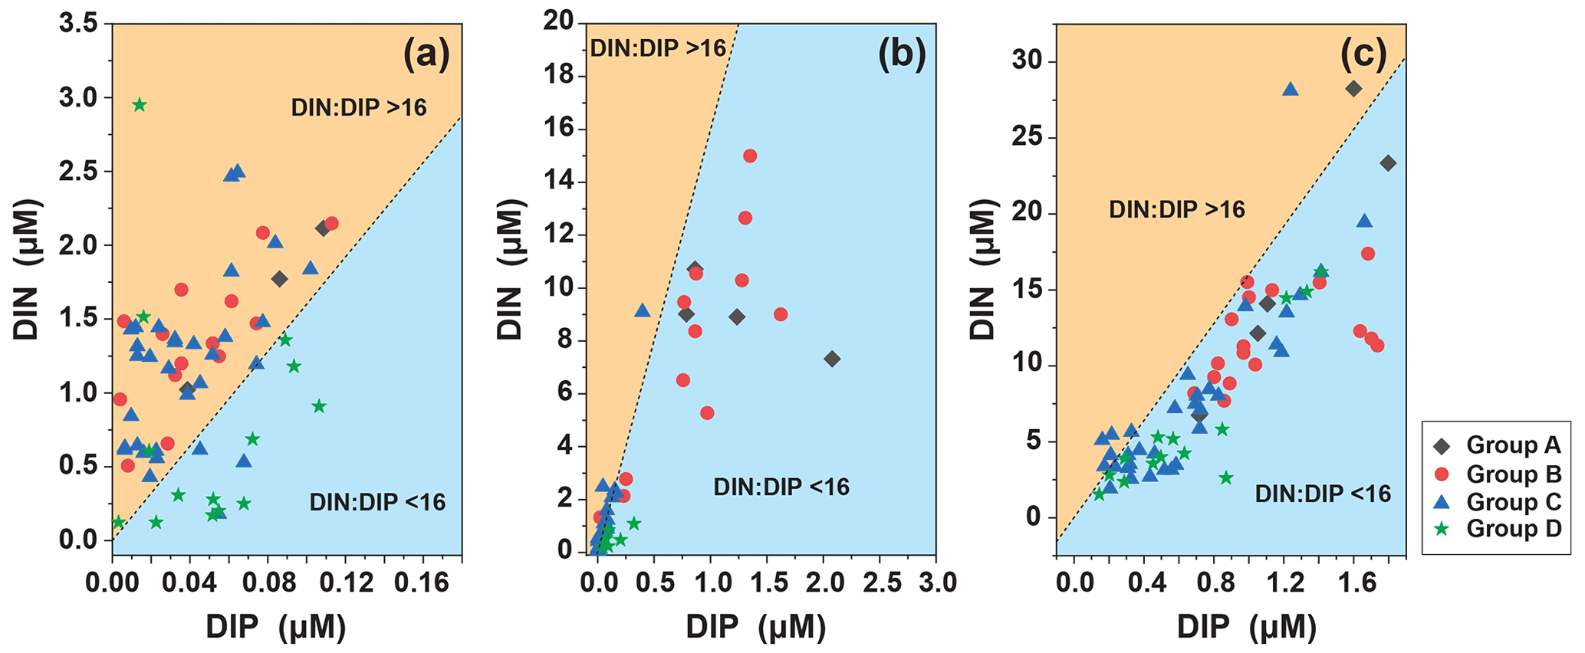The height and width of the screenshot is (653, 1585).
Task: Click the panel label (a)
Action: coord(426,55)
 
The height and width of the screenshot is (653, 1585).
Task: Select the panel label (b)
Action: coord(902,55)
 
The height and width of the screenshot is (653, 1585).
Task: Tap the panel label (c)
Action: coord(1363,55)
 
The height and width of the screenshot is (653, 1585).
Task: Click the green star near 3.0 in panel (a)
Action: coord(139,105)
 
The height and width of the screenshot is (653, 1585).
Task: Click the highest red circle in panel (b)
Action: coord(750,156)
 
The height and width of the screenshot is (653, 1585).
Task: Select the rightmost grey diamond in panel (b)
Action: coord(832,359)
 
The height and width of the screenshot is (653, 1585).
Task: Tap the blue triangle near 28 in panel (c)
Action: coord(1291,90)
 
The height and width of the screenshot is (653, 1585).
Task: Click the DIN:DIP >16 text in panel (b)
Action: coord(657,48)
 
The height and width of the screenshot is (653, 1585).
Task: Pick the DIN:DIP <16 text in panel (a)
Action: coord(377,502)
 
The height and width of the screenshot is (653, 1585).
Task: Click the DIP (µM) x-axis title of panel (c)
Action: coord(1246,628)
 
